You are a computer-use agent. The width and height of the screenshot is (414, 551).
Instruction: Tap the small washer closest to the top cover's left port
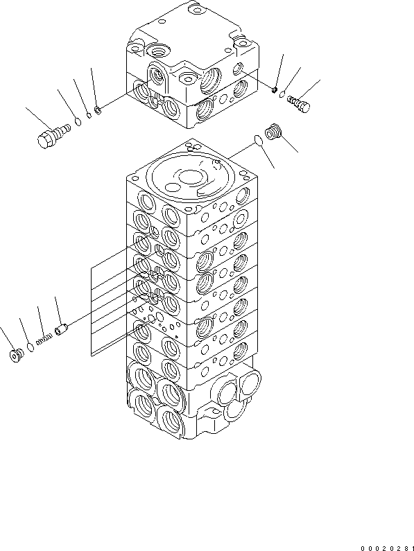click(x=99, y=108)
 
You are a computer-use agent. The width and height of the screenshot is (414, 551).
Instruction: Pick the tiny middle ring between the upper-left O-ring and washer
click(x=88, y=115)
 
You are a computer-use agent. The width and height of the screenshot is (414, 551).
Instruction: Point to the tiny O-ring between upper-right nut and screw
click(x=284, y=96)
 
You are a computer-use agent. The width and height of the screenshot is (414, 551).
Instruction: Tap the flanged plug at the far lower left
click(x=16, y=355)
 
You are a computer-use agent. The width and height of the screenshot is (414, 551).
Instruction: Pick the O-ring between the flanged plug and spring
click(x=29, y=347)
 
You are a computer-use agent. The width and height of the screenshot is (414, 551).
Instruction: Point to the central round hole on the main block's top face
click(x=189, y=177)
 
